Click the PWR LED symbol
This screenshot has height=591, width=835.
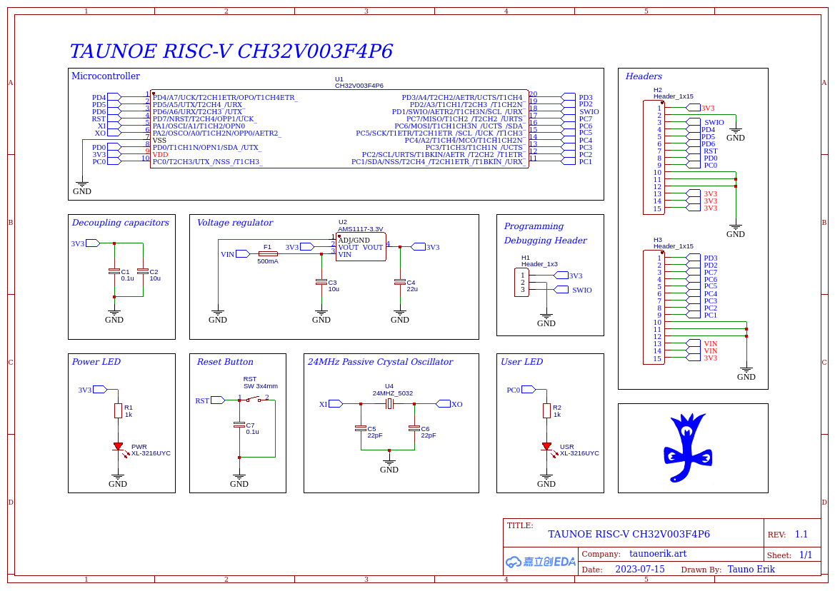pyautogui.click(x=118, y=447)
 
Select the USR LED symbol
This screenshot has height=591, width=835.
pyautogui.click(x=546, y=447)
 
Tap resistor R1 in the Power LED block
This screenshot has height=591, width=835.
pyautogui.click(x=118, y=410)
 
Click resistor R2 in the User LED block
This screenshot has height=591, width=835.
pyautogui.click(x=546, y=410)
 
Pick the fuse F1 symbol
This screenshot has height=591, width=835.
pyautogui.click(x=268, y=254)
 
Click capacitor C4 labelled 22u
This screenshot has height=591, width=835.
pyautogui.click(x=400, y=282)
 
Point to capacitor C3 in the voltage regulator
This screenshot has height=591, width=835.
pyautogui.click(x=321, y=282)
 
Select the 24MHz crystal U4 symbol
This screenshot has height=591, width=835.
pyautogui.click(x=389, y=404)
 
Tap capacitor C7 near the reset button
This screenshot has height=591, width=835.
pyautogui.click(x=239, y=425)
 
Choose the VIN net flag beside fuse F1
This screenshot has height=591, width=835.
pyautogui.click(x=242, y=254)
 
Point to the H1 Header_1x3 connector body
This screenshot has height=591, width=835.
pyautogui.click(x=522, y=282)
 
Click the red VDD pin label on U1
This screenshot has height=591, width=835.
pyautogui.click(x=160, y=154)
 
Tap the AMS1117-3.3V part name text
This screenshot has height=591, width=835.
pyautogui.click(x=360, y=229)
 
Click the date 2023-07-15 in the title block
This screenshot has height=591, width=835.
pyautogui.click(x=639, y=570)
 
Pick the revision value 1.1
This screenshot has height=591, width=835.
pyautogui.click(x=801, y=535)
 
